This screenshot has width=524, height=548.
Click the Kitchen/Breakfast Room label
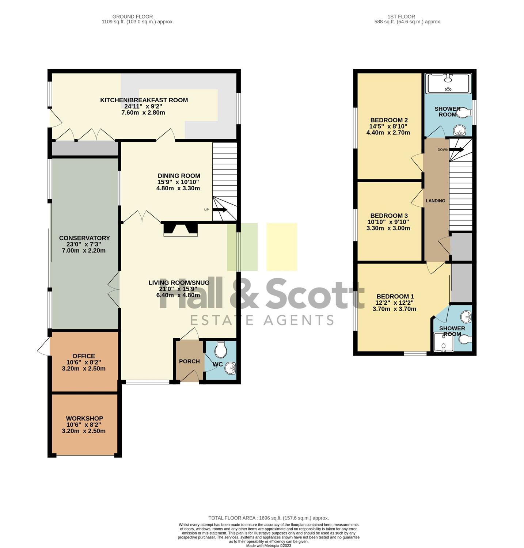[x=144, y=100]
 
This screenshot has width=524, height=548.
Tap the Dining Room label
[x=179, y=176]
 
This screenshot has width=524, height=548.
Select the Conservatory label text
[x=84, y=238]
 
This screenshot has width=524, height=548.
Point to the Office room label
[x=84, y=356]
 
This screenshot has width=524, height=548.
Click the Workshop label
[x=84, y=418]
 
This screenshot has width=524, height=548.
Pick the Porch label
[x=189, y=361]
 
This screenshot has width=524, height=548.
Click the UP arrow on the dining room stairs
[x=219, y=210]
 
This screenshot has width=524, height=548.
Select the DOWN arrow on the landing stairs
[x=456, y=149]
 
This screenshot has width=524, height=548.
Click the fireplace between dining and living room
[x=180, y=229]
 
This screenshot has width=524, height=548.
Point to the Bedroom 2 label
[x=389, y=120]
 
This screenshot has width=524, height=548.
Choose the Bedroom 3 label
[x=389, y=216]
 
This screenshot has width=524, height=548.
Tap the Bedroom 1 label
[x=395, y=296]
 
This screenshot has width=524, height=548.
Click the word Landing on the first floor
[x=436, y=201]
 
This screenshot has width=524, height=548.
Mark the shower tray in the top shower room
[x=448, y=84]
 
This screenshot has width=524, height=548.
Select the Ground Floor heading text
[x=133, y=16]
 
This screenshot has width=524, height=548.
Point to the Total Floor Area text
[x=269, y=518]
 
